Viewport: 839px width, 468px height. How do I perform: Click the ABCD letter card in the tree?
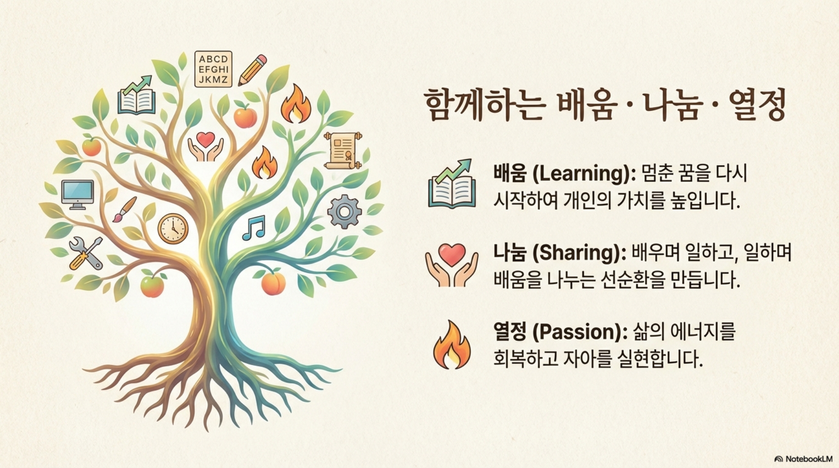213,69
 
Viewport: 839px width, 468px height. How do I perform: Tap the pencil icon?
252,70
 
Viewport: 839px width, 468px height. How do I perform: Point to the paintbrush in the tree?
124,210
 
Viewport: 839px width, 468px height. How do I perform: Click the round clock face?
173,229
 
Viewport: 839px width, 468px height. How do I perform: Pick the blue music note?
254,228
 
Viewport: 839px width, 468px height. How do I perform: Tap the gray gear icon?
344,211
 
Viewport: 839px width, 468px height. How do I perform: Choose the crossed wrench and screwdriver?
86,253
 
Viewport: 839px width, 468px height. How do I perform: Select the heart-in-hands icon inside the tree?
205,146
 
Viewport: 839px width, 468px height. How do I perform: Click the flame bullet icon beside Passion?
452,345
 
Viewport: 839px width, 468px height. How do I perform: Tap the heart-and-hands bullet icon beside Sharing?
452,265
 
